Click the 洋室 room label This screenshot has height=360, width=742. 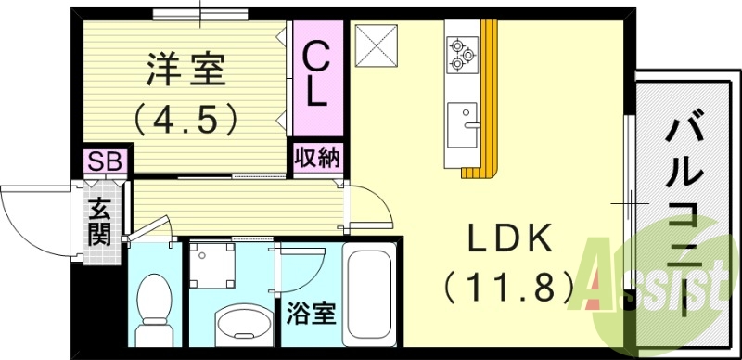coord(184,70)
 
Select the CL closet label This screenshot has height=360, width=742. coord(316,75)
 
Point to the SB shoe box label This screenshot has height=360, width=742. coord(104,161)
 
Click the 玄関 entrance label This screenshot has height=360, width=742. coord(99,221)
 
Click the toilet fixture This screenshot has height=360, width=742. coord(151,311)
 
